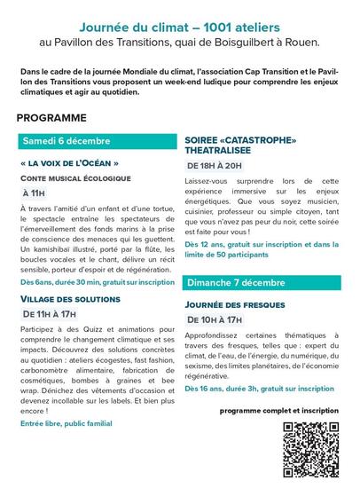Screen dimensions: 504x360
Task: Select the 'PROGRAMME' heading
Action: click(51, 117)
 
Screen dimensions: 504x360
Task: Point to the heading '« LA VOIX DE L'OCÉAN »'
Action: click(69, 164)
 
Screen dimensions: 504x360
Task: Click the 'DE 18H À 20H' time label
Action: click(214, 165)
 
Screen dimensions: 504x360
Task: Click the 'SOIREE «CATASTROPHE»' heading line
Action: click(240, 140)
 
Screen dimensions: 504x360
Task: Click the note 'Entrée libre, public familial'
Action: click(67, 423)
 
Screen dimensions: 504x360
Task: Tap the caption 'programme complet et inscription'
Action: click(279, 412)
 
